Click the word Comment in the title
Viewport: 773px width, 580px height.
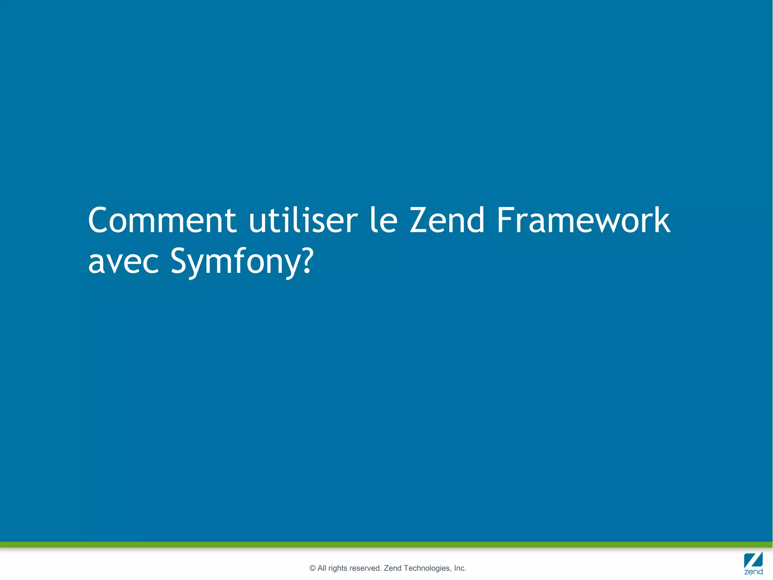click(x=162, y=220)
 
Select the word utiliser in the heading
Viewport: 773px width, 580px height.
click(x=303, y=220)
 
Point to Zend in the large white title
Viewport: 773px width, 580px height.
click(x=447, y=220)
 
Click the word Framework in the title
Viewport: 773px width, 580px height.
click(x=583, y=220)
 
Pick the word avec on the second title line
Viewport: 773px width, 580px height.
click(x=123, y=261)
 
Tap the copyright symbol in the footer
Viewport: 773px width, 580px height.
click(x=312, y=568)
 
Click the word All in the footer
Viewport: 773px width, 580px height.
click(x=322, y=568)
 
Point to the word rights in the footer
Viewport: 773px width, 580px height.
click(x=337, y=568)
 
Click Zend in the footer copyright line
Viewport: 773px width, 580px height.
click(x=393, y=568)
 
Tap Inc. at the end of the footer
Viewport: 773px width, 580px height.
click(x=460, y=568)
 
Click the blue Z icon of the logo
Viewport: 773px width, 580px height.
click(x=753, y=560)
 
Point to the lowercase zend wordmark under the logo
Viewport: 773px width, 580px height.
click(x=753, y=572)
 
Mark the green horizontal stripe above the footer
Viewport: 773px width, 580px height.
click(x=386, y=544)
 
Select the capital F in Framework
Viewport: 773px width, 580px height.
click(x=504, y=220)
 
